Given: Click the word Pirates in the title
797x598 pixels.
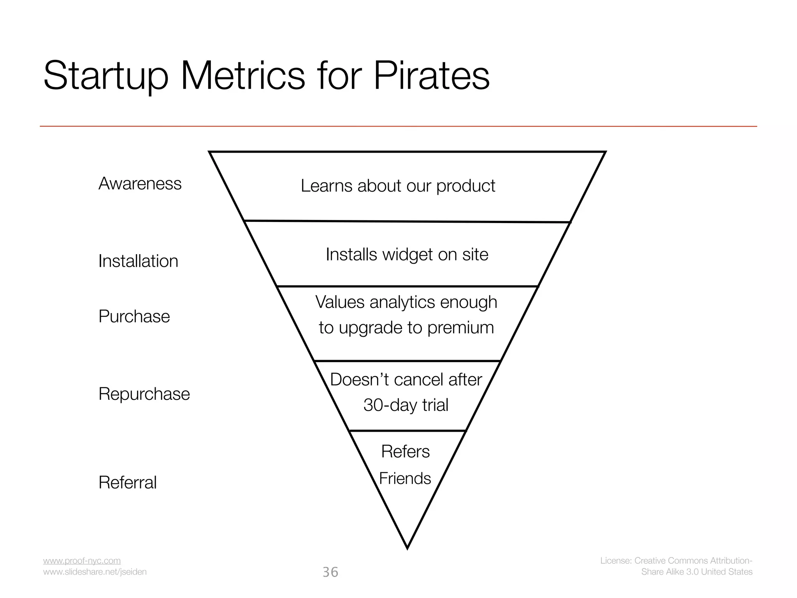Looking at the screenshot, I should tap(432, 76).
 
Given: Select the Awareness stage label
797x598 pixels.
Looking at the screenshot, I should tap(140, 183).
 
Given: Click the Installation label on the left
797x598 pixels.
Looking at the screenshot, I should tap(138, 261).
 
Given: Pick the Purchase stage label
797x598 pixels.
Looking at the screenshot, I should tap(134, 316).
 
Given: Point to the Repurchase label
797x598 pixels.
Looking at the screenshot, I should tap(144, 394).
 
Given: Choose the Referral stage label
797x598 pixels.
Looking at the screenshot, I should tap(127, 482).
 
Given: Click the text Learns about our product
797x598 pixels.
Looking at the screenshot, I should tap(398, 186).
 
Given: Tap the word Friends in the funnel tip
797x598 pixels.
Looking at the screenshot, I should tap(405, 478).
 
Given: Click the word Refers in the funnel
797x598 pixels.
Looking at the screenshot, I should tap(405, 452).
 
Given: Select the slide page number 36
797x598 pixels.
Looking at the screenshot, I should tap(330, 572).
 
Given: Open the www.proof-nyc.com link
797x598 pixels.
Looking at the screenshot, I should tap(82, 561).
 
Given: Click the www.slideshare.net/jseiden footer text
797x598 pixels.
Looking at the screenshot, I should tap(95, 572).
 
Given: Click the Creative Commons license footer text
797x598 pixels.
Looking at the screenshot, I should tap(676, 566).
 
